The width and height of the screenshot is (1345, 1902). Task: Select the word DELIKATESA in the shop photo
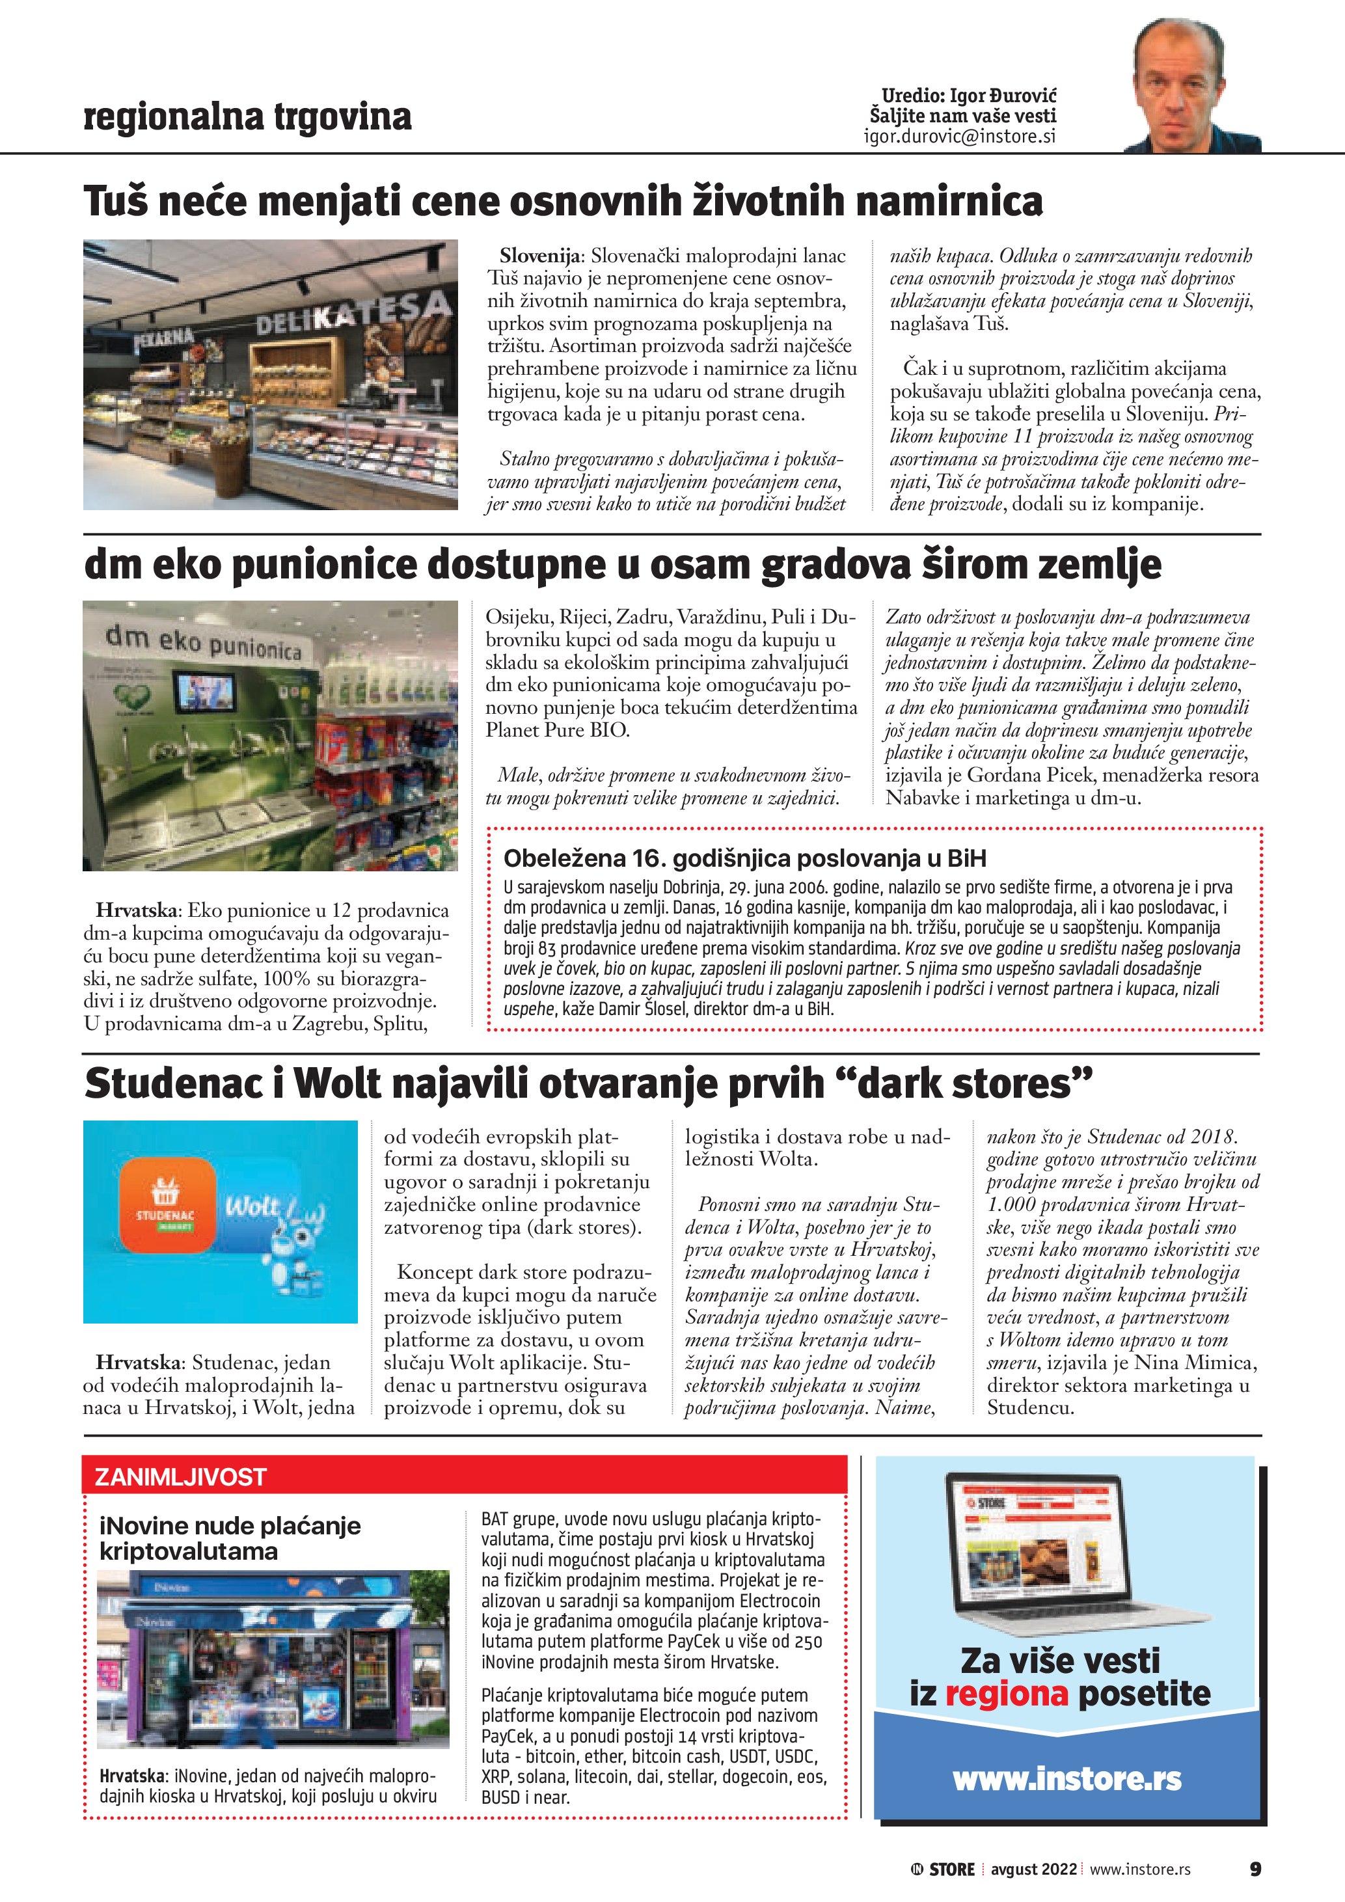352,315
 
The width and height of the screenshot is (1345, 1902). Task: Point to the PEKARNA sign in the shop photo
166,338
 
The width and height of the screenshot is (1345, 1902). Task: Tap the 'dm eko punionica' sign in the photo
203,643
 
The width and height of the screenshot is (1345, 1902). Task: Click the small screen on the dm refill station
204,694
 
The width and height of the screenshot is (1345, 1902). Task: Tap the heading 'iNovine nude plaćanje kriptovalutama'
230,1538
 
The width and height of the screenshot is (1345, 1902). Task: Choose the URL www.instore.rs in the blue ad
1066,1778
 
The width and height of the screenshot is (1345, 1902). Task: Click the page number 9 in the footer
1255,1869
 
